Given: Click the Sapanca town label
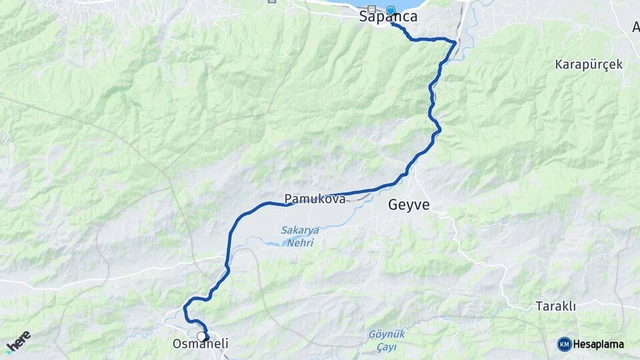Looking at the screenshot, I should click(x=388, y=17).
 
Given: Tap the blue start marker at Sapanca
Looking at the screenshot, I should click(x=391, y=10).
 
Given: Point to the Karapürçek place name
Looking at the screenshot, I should click(x=589, y=65).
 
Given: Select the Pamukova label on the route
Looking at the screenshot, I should click(x=315, y=199).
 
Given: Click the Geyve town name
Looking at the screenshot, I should click(x=409, y=205).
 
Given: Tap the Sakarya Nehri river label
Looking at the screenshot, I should click(x=299, y=237).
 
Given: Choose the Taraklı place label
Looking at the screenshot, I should click(x=555, y=306).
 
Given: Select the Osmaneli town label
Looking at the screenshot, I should click(x=200, y=344).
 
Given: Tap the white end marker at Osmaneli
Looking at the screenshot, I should click(x=201, y=337).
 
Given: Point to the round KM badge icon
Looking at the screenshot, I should click(x=564, y=344).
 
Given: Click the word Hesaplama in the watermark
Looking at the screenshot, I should click(x=598, y=345).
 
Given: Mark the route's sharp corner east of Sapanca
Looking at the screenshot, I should click(x=455, y=43).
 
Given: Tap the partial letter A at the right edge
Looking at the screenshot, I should click(x=635, y=27).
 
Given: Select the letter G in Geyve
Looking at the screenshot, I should click(x=394, y=205).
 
